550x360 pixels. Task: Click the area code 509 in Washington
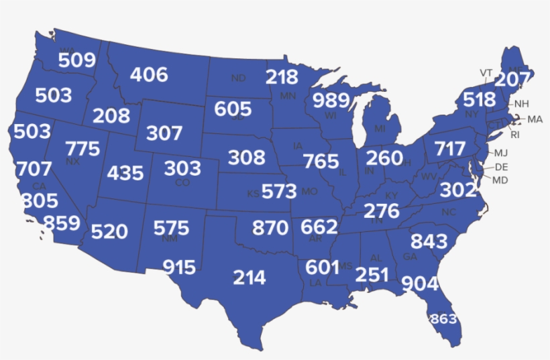(x=76, y=61)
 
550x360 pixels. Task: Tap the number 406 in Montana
(x=149, y=74)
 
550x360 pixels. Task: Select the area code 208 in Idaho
(x=111, y=116)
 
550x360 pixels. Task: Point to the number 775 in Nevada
(x=83, y=149)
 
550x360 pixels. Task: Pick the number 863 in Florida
(x=443, y=318)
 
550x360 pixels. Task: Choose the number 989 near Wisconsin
(x=331, y=101)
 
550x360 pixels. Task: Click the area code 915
(x=179, y=268)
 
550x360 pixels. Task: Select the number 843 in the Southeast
(x=429, y=241)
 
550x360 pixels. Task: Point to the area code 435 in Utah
(x=125, y=173)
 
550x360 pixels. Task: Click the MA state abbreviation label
(x=535, y=119)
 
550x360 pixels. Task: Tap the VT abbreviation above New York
(x=486, y=72)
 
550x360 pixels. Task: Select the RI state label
(x=515, y=135)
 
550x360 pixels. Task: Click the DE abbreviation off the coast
(x=501, y=167)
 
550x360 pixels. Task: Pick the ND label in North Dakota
(x=238, y=78)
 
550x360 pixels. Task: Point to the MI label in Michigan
(x=380, y=128)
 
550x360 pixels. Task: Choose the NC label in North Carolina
(x=448, y=213)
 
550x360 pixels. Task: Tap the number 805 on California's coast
(x=40, y=201)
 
